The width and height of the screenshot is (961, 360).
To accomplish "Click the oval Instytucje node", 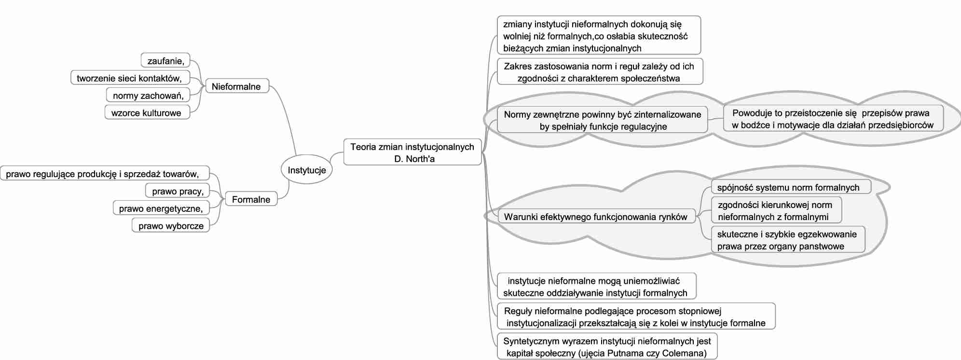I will coord(306,170).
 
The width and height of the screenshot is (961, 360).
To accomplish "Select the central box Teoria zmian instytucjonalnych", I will coord(412,152).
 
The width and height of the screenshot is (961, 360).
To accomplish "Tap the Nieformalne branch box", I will coord(236,86).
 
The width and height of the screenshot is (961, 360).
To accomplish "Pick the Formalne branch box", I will coord(251,199).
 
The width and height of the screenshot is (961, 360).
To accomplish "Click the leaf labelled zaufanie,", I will coord(166,61).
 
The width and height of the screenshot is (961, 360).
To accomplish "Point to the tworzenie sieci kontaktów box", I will coord(130,78).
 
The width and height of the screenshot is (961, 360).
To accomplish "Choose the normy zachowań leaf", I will coord(148,96).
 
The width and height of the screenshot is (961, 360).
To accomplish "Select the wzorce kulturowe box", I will coord(147,113).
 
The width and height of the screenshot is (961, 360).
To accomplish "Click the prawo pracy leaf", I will coord(178,191).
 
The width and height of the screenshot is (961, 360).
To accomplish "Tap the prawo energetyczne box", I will coord(161,208).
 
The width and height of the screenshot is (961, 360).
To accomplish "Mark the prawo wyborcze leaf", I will coord(171,226).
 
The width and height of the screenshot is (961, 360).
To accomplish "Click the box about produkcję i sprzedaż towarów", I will coord(103,174).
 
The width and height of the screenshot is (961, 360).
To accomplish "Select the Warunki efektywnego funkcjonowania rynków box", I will coord(595,217).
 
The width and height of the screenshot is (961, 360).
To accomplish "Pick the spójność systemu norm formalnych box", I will coord(788,187).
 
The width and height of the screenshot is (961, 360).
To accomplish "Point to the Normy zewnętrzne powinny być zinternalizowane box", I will coord(602,120).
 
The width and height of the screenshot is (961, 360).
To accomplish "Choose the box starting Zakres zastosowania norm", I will coord(599,72).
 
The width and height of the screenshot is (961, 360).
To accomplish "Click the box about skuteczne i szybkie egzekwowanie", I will coord(787,240).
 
